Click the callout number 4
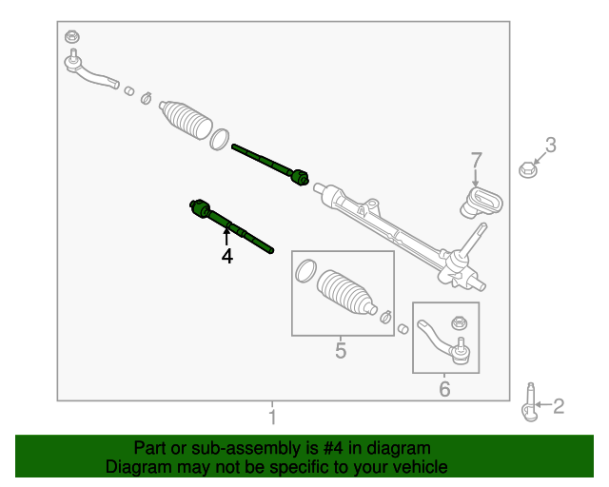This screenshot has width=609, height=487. (227, 256)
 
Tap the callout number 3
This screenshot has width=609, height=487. (551, 145)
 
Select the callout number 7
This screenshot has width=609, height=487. (477, 160)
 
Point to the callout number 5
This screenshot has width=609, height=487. (341, 351)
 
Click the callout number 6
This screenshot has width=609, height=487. (444, 389)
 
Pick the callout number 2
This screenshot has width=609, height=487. (559, 406)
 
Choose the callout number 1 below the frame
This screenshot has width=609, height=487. (273, 417)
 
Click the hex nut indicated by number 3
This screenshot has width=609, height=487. (528, 169)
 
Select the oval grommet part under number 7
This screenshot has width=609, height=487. (481, 202)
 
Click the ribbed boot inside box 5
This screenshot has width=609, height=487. (346, 292)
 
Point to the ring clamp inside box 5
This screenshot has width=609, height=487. (306, 271)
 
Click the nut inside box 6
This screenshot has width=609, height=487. (459, 322)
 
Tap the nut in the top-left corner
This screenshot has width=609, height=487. (72, 37)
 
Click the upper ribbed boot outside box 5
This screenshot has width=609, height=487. (186, 120)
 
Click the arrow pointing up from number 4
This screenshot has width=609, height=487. (226, 237)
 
